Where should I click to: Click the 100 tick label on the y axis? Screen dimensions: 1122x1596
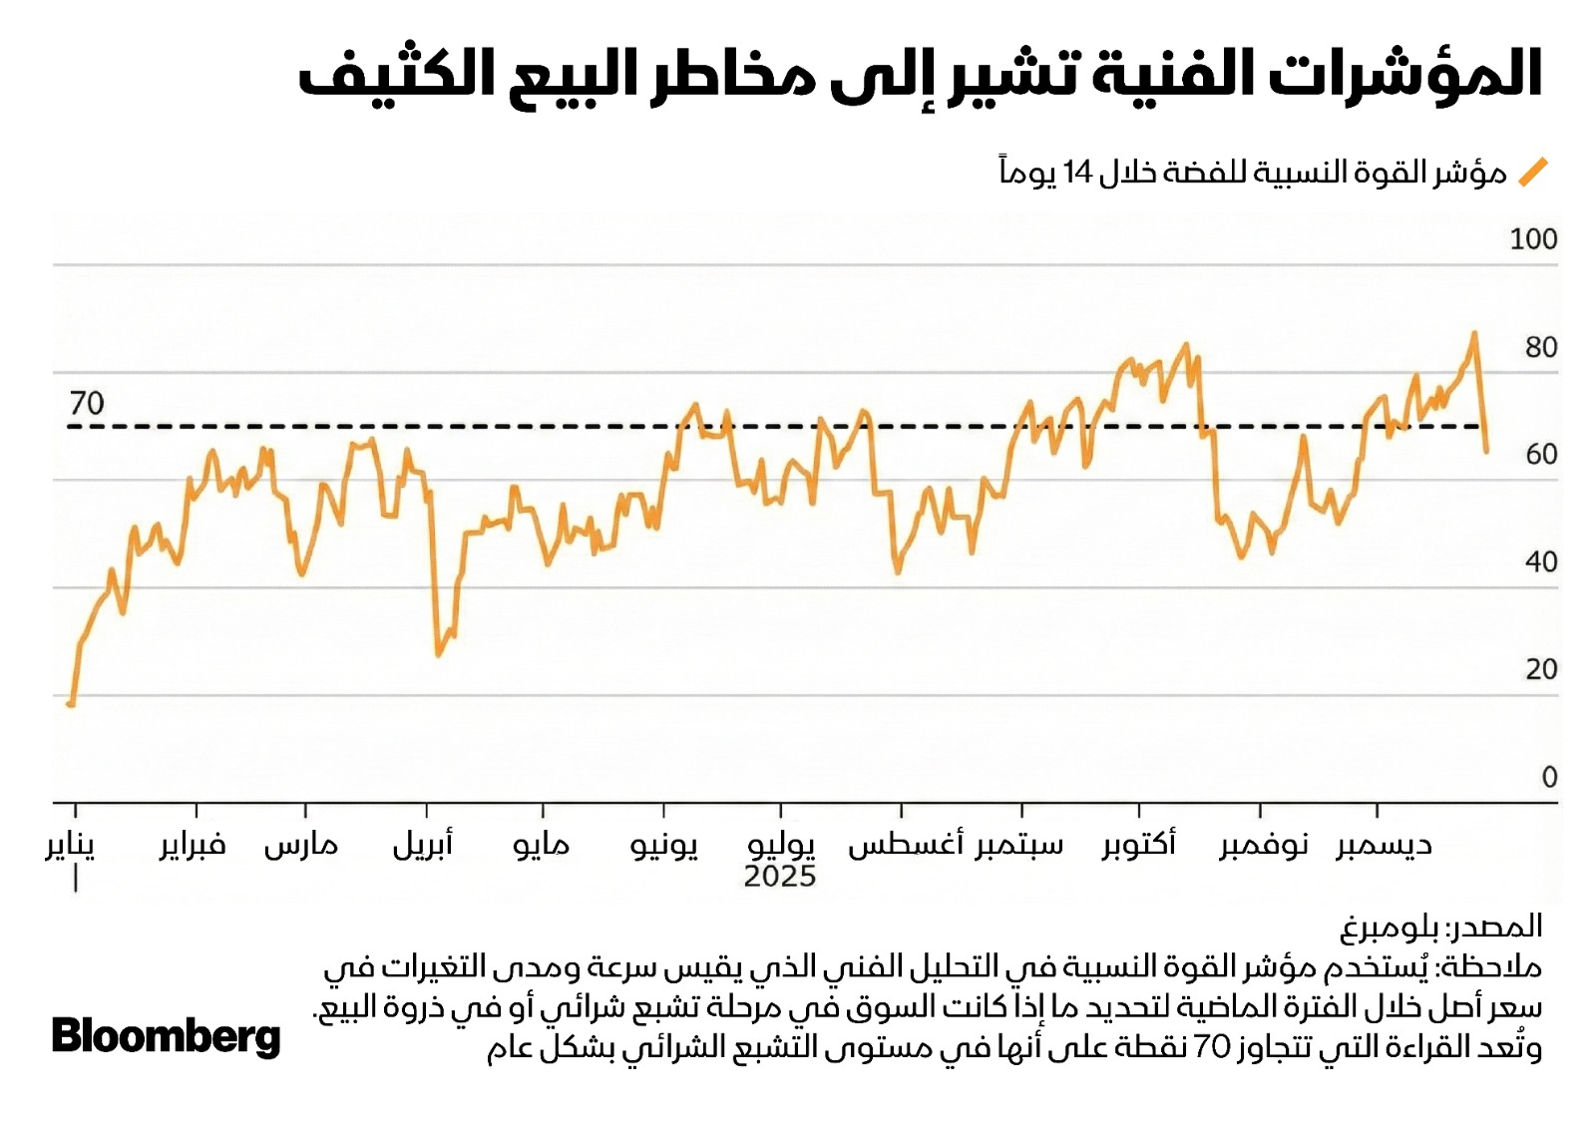pos(1533,239)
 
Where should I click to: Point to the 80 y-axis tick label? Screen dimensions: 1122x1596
pos(1540,347)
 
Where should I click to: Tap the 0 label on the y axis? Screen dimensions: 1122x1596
pos(1548,777)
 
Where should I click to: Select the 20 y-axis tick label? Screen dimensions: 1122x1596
pos(1540,669)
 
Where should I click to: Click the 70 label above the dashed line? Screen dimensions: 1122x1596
pos(87,403)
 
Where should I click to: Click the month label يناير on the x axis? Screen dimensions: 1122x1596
pos(70,846)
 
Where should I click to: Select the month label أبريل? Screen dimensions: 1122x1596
pos(423,846)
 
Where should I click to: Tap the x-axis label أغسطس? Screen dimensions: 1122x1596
pos(905,846)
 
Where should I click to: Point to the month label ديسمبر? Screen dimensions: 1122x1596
pos(1384,846)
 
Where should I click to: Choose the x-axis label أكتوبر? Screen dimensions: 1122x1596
pos(1139,846)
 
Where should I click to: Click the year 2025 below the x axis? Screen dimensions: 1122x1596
pos(779,877)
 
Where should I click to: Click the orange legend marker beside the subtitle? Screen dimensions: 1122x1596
pos(1532,173)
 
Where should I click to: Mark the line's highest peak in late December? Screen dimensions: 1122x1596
pos(1473,334)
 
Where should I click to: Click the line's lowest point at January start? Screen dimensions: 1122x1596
pos(71,704)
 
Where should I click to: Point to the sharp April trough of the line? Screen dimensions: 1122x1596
pos(437,654)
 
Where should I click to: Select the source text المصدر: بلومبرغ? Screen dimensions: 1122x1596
pos(1440,927)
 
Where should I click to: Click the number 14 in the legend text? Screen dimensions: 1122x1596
pos(1078,173)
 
